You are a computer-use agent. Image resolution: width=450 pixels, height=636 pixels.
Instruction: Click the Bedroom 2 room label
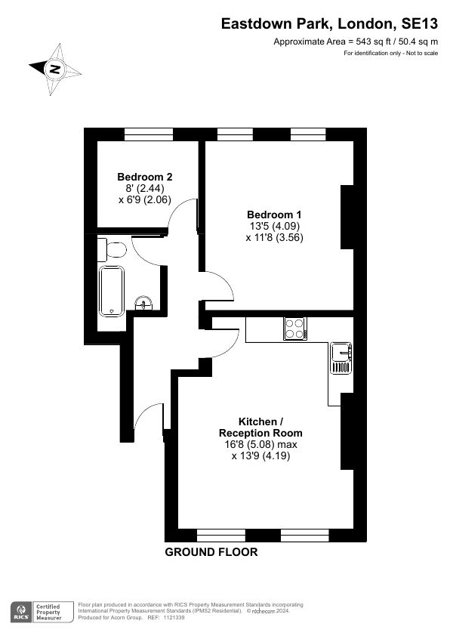click(x=145, y=177)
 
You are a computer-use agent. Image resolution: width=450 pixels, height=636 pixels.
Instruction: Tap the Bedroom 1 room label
click(x=274, y=215)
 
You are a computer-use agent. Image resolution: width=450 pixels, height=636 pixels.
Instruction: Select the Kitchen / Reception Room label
click(x=260, y=427)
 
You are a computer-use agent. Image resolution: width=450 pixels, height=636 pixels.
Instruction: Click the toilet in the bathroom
click(x=112, y=249)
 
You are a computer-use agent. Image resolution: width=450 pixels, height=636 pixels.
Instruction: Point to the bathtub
click(x=112, y=291)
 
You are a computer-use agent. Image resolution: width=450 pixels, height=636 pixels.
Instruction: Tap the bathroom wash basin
click(x=143, y=303)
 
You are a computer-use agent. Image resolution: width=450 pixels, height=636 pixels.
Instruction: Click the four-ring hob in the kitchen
click(x=294, y=329)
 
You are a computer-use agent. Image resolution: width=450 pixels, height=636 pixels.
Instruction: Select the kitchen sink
click(x=341, y=358)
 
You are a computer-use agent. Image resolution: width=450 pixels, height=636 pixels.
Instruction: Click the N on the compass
click(x=54, y=69)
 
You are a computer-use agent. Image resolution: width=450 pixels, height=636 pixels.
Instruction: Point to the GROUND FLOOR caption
click(x=211, y=552)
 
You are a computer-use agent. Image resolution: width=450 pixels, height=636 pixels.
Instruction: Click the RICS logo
click(x=20, y=612)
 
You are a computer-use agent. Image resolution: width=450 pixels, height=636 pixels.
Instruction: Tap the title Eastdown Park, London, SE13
click(x=329, y=24)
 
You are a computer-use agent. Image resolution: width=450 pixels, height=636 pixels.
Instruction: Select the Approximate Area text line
click(x=356, y=42)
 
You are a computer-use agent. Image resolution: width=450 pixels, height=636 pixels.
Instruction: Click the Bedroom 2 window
click(x=149, y=134)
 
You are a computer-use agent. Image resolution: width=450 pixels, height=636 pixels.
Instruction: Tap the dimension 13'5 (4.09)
click(x=275, y=226)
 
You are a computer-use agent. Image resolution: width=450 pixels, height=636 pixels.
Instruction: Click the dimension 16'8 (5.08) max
click(x=260, y=445)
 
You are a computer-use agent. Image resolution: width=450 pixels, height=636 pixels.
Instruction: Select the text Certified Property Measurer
click(x=48, y=612)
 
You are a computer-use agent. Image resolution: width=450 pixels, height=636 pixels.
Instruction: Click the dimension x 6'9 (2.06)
click(x=145, y=199)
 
